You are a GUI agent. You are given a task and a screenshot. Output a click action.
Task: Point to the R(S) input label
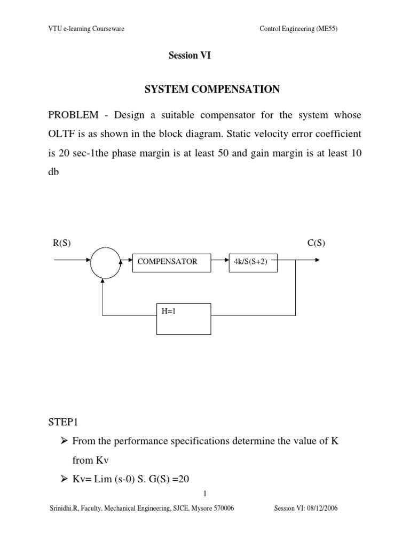coord(62,243)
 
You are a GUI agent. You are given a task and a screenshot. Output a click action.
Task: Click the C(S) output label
coord(316,243)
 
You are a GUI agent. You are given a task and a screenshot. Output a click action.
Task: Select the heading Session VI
coord(190,56)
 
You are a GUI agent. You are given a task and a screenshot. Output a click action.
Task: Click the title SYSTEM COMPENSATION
coord(212,89)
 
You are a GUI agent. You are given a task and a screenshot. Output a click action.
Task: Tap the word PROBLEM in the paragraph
coord(74,115)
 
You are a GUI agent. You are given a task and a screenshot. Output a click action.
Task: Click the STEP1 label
coord(63,422)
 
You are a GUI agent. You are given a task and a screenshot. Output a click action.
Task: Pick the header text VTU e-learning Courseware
coord(86,29)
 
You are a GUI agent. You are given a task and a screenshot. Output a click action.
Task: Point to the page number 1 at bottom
coord(205,494)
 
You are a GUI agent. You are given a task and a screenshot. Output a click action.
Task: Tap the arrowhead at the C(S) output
coord(317,260)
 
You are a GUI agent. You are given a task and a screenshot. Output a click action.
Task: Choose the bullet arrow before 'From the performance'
coord(64,441)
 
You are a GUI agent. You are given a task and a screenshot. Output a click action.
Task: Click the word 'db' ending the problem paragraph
coord(53,171)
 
